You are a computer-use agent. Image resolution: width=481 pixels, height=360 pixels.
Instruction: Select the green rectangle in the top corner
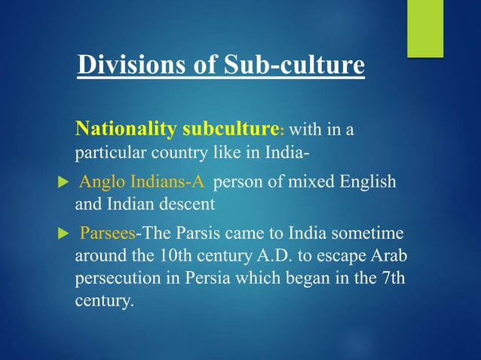click(x=425, y=28)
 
